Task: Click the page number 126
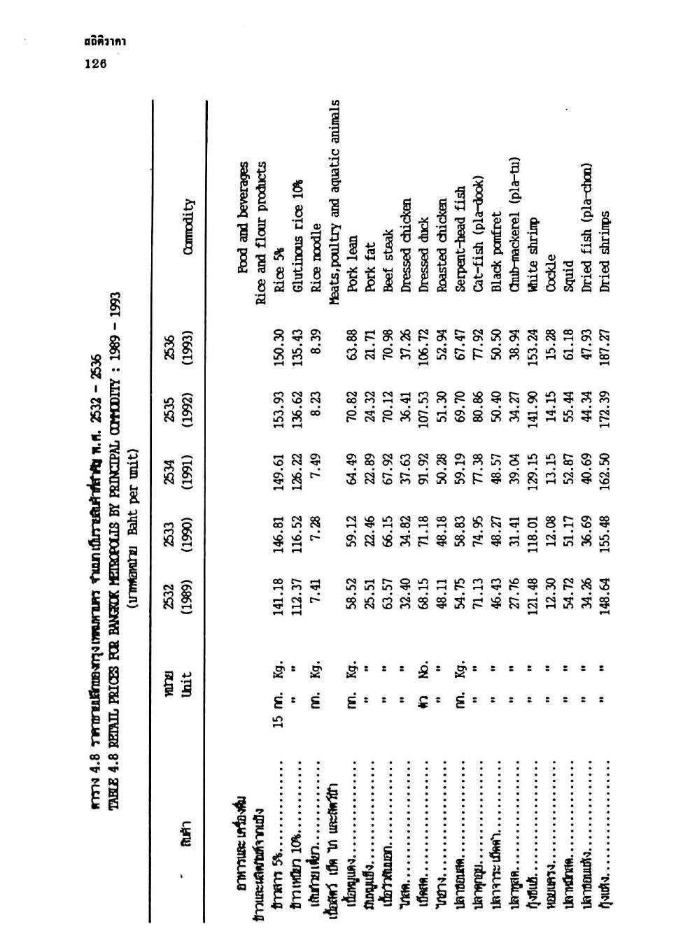(94, 64)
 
